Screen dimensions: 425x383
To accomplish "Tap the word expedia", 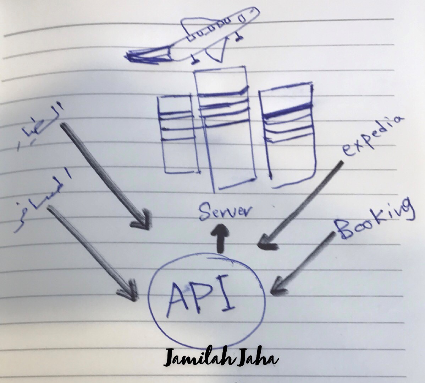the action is click(372, 136).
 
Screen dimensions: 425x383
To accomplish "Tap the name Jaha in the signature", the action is click(258, 358).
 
